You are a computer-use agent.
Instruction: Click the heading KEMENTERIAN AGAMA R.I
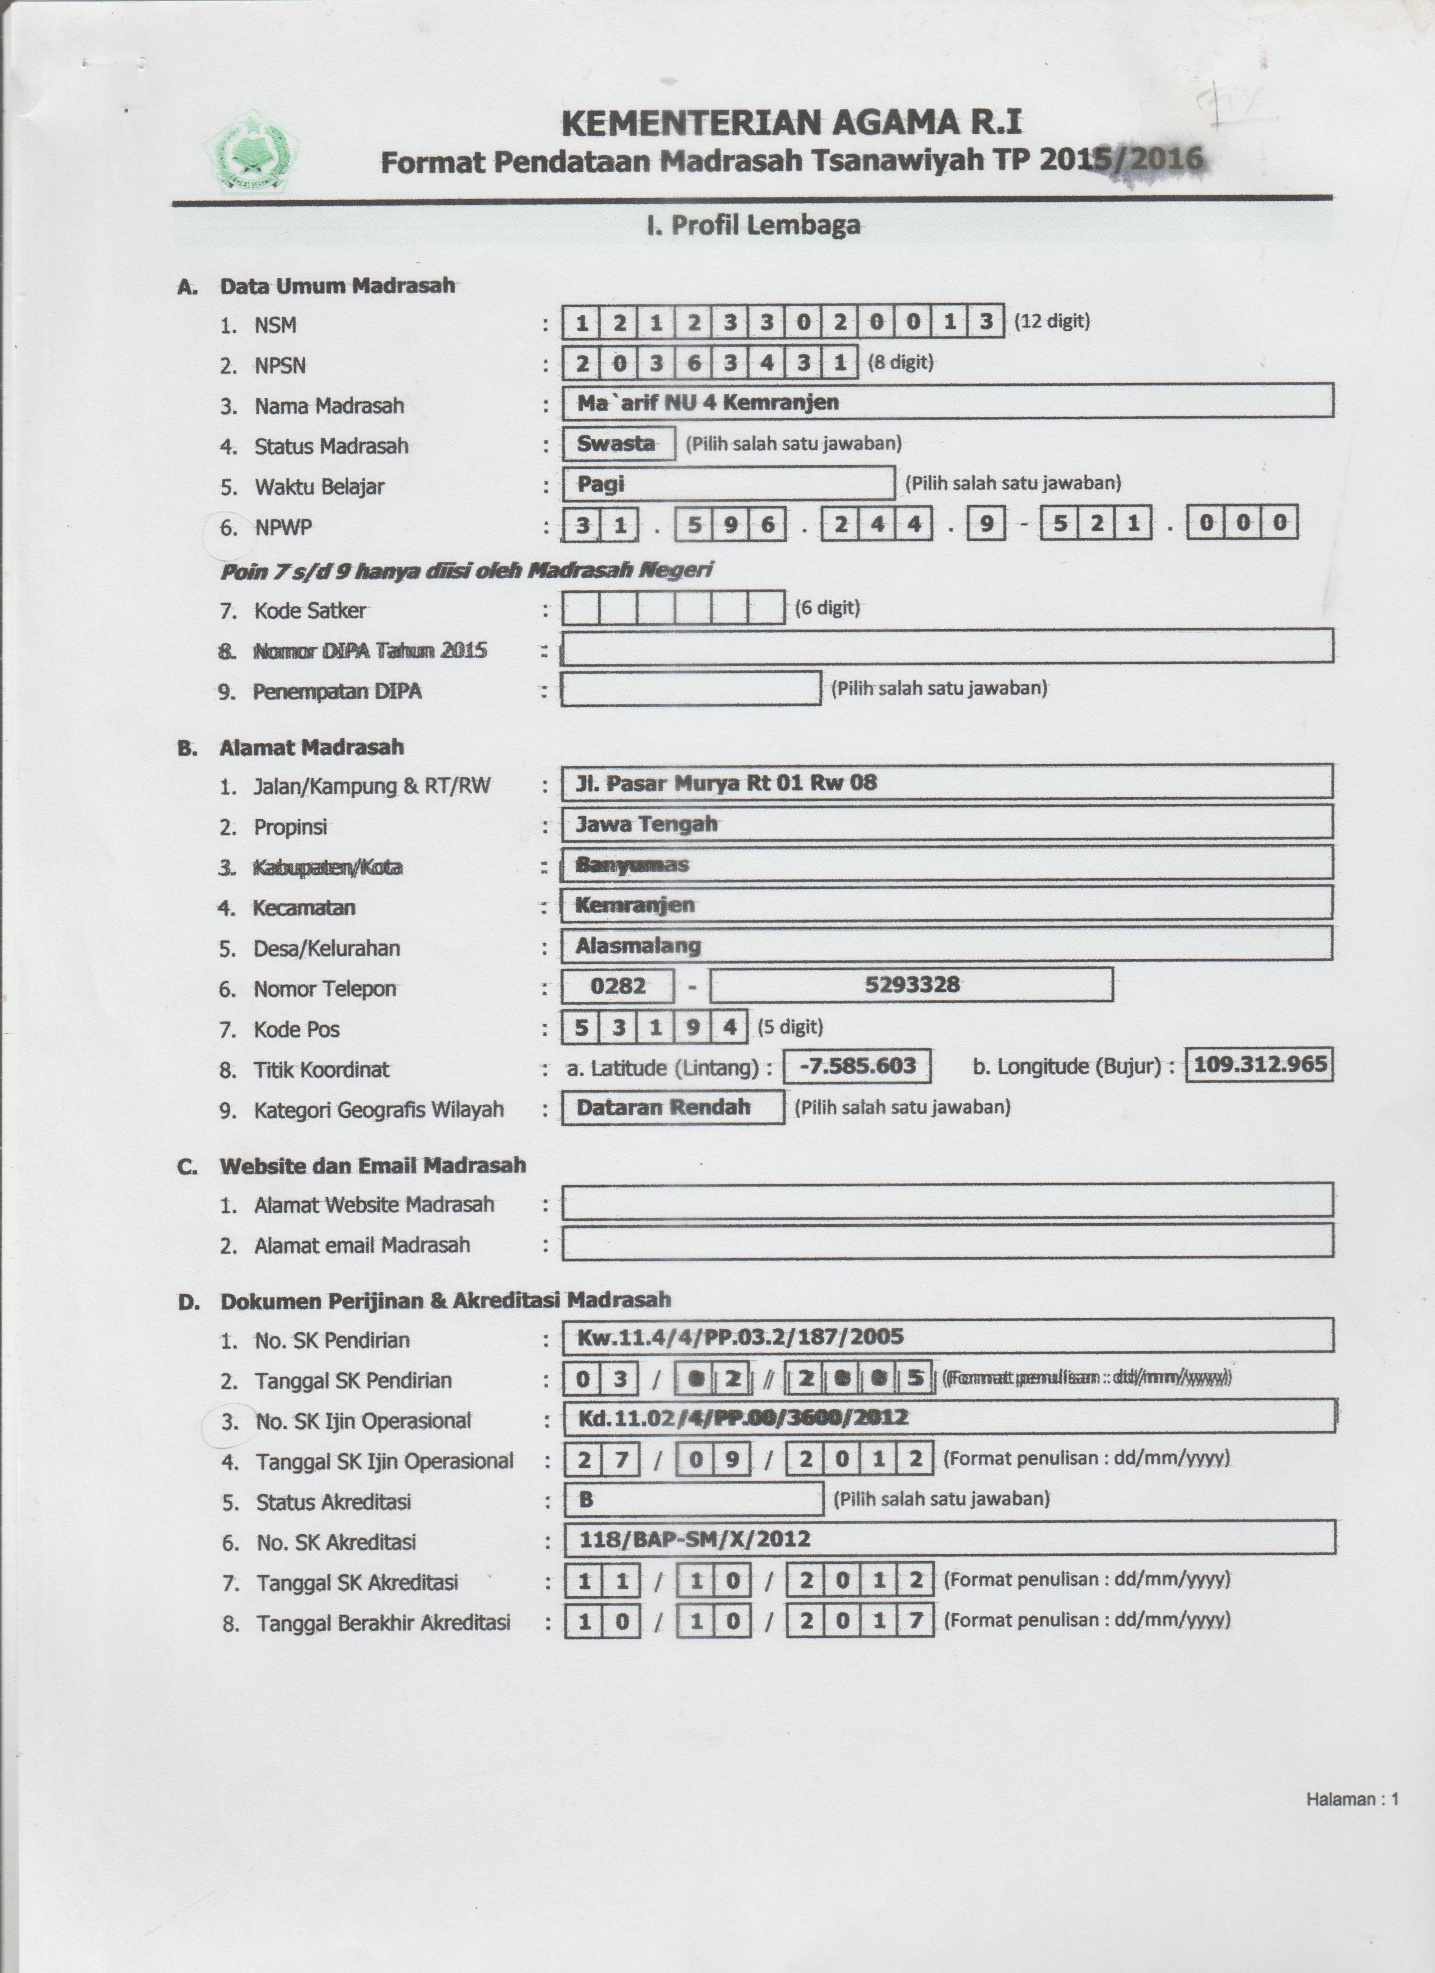pos(791,124)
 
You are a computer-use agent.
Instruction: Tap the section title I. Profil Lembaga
pos(753,225)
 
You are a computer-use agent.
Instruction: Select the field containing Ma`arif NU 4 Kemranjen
pos(947,402)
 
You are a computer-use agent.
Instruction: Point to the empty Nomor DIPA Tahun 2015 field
pos(947,647)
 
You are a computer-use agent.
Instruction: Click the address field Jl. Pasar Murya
pos(947,782)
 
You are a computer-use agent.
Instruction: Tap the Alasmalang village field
pos(947,945)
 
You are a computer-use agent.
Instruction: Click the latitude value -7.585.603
pos(857,1066)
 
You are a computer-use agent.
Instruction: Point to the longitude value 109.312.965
pos(1259,1064)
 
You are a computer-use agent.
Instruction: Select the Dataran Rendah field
pos(672,1107)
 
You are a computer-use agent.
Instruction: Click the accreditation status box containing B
pos(693,1499)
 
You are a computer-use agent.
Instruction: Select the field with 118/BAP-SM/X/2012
pos(949,1539)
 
